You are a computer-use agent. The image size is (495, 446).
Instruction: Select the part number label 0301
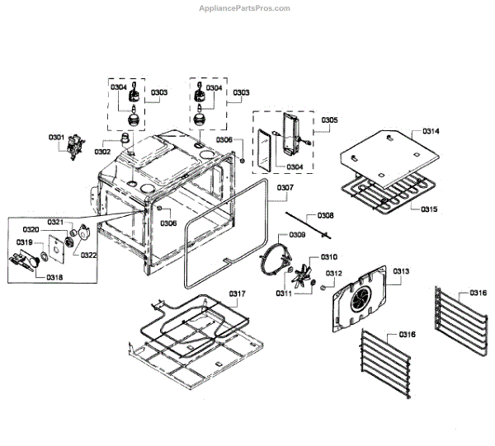point(56,136)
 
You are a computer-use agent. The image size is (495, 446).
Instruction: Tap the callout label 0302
point(102,152)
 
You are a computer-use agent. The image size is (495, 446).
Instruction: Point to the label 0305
point(329,120)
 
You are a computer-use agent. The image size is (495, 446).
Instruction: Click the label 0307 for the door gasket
point(285,188)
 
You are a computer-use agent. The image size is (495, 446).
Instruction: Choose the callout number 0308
point(326,215)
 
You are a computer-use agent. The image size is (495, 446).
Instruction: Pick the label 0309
point(297,235)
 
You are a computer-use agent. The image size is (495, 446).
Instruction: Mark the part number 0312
point(333,273)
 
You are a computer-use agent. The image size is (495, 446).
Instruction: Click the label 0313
point(402,271)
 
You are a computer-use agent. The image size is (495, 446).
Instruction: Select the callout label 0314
point(431,132)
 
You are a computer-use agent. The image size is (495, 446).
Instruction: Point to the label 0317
point(237,293)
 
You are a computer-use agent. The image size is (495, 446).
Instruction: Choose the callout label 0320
point(31,229)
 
